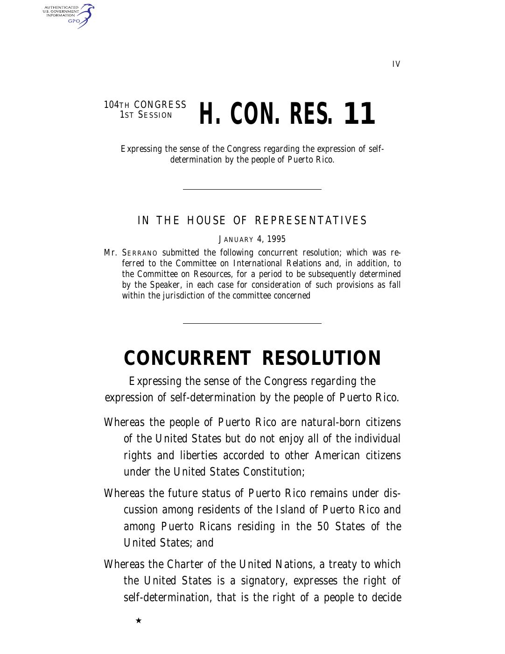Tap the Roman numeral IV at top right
click(x=396, y=64)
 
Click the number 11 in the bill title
click(x=359, y=114)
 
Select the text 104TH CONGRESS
click(x=145, y=105)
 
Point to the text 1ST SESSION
click(x=146, y=115)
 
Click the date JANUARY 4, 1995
click(x=252, y=240)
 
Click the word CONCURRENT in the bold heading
click(x=187, y=358)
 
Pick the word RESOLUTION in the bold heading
click(x=322, y=358)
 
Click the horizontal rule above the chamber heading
click(x=252, y=189)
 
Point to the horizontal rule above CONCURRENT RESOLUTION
click(x=252, y=323)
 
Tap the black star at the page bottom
click(x=139, y=620)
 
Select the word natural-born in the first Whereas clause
click(x=330, y=423)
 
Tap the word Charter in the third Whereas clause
click(x=186, y=565)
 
